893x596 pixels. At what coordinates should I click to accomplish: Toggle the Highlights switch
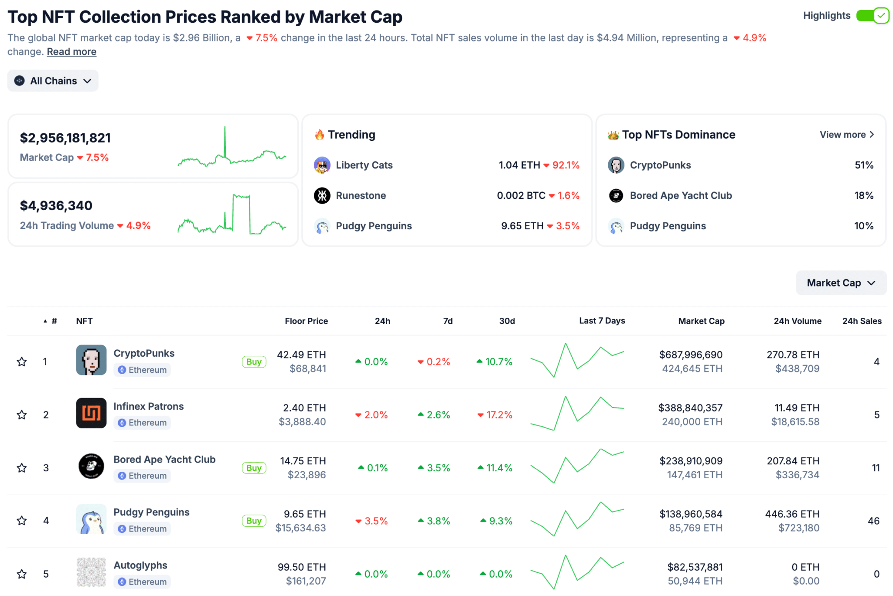(872, 16)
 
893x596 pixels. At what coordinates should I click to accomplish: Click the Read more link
(72, 52)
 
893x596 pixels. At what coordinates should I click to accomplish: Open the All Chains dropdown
(53, 81)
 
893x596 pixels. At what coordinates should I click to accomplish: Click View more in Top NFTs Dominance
(846, 135)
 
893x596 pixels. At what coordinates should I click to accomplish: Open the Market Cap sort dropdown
(841, 283)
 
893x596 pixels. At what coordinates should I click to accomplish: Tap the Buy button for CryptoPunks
(254, 362)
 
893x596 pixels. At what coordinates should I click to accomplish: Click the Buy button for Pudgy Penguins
(254, 521)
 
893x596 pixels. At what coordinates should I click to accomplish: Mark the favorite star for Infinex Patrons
(22, 415)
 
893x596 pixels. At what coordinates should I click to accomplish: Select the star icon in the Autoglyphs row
(22, 574)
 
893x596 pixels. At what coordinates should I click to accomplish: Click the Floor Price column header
(306, 321)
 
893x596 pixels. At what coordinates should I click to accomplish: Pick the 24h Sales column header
(862, 321)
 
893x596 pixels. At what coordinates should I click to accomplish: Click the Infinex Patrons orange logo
(91, 413)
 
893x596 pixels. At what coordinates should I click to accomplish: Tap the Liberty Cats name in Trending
(364, 165)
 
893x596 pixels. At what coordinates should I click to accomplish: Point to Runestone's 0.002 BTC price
(521, 196)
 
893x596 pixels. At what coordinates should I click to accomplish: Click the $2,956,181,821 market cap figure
(65, 138)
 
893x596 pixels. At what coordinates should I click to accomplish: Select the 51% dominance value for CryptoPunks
(864, 165)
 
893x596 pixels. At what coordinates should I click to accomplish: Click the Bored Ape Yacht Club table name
(164, 460)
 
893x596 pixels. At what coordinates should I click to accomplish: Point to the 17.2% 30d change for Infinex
(495, 415)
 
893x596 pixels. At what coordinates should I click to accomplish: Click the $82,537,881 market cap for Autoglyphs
(695, 567)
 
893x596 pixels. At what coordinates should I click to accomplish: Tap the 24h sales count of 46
(873, 521)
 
